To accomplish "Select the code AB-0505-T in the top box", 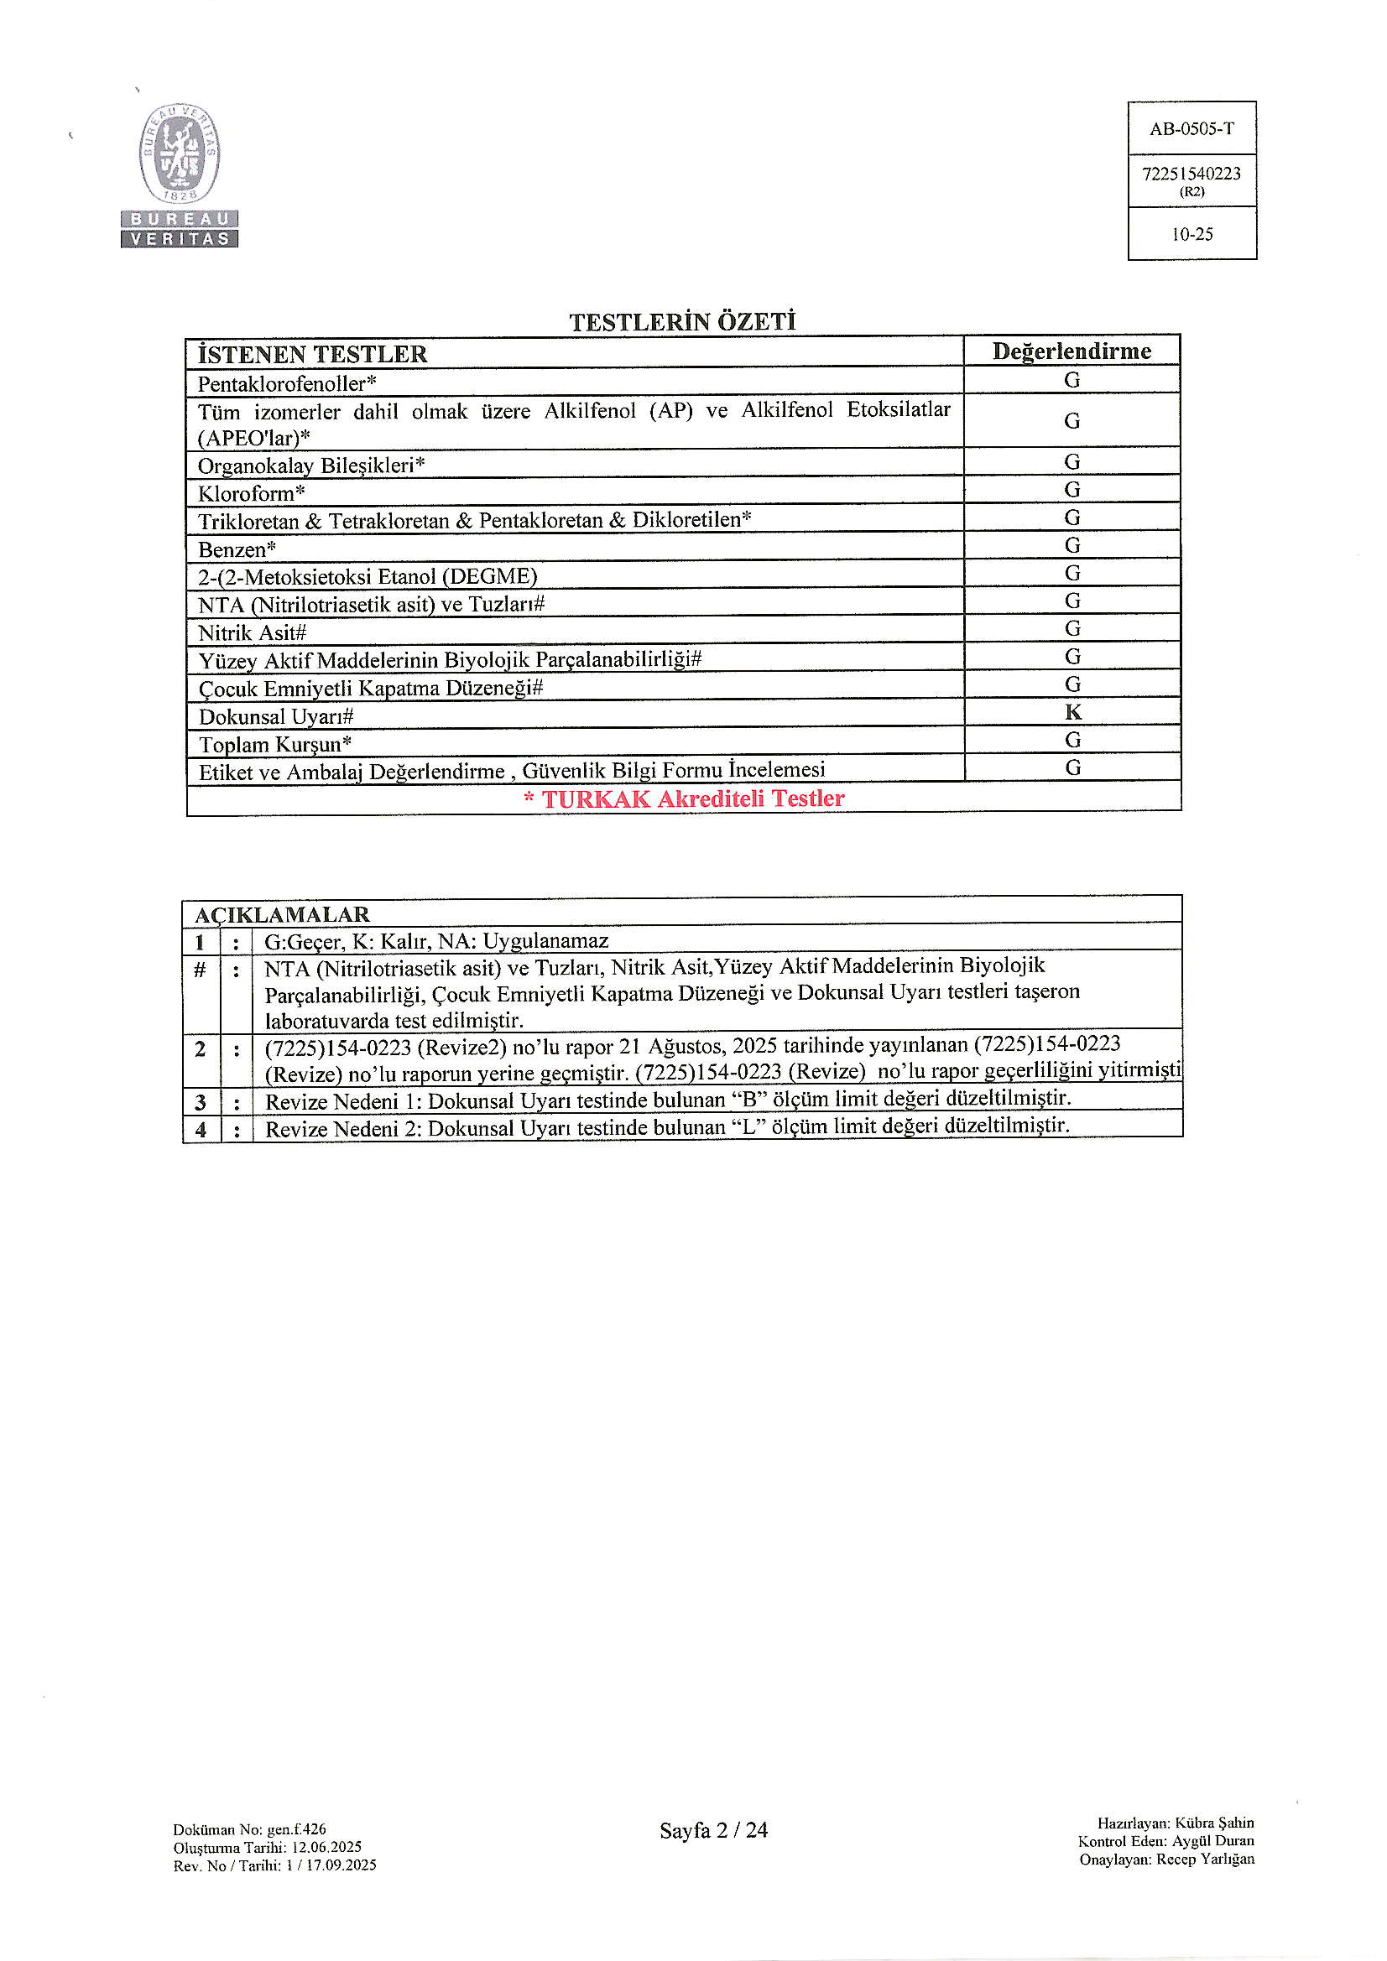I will [1191, 129].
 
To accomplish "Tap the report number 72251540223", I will [1191, 174].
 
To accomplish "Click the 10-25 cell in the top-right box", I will [1191, 234].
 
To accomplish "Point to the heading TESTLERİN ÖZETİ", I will [682, 322].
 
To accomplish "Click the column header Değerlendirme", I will [1072, 351].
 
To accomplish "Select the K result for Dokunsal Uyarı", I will [1073, 711].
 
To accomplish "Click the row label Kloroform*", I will [251, 493].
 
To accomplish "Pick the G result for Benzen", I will [1072, 545].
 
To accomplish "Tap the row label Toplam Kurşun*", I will [275, 744].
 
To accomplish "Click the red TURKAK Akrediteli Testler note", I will [684, 798].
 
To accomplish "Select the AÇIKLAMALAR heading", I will [282, 914].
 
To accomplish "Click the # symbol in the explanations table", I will [200, 969].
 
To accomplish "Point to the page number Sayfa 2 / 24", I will [713, 1829].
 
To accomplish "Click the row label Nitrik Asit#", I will [252, 633].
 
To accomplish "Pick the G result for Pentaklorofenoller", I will [1072, 380].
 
